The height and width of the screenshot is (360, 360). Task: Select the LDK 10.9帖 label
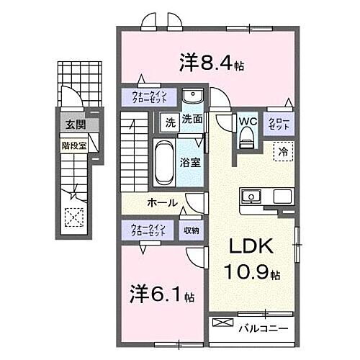point(251,259)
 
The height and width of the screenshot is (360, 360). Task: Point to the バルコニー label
point(263,328)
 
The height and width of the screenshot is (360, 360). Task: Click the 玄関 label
point(75,125)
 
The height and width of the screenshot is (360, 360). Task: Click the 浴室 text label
point(191,163)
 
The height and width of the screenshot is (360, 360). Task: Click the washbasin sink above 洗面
point(192,97)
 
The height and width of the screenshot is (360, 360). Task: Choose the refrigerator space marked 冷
point(283,152)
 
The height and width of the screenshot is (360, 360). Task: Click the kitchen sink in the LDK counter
point(252,196)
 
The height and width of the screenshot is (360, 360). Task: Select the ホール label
point(163,203)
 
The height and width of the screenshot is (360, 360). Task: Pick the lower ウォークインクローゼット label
point(148,230)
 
